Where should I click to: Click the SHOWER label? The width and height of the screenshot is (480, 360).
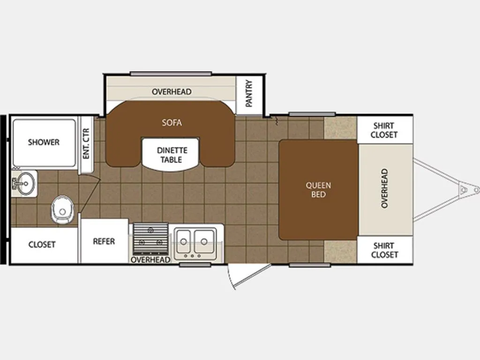coord(44,142)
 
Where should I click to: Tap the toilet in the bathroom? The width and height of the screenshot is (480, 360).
coord(63,210)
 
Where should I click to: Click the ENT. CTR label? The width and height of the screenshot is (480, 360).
coord(86,143)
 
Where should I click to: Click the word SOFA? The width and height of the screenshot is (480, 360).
coord(172,123)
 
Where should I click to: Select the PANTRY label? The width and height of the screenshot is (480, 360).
coord(249,93)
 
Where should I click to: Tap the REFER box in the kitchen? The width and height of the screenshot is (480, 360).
coord(105,241)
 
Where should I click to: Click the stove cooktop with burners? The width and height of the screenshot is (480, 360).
coord(150,239)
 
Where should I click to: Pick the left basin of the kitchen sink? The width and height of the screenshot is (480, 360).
coord(183,241)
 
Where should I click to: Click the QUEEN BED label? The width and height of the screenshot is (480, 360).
coord(318,190)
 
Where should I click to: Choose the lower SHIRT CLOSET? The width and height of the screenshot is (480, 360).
coord(385,250)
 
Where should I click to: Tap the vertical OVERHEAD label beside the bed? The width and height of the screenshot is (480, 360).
coord(384,188)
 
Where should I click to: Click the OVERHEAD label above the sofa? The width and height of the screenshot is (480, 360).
coord(172,91)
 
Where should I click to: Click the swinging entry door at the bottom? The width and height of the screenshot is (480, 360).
coord(248,275)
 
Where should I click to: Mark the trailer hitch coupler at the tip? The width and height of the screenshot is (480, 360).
coord(476,190)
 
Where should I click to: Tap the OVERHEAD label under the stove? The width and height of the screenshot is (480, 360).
coord(150,260)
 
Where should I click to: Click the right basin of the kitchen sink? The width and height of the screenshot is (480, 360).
coord(204,241)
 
